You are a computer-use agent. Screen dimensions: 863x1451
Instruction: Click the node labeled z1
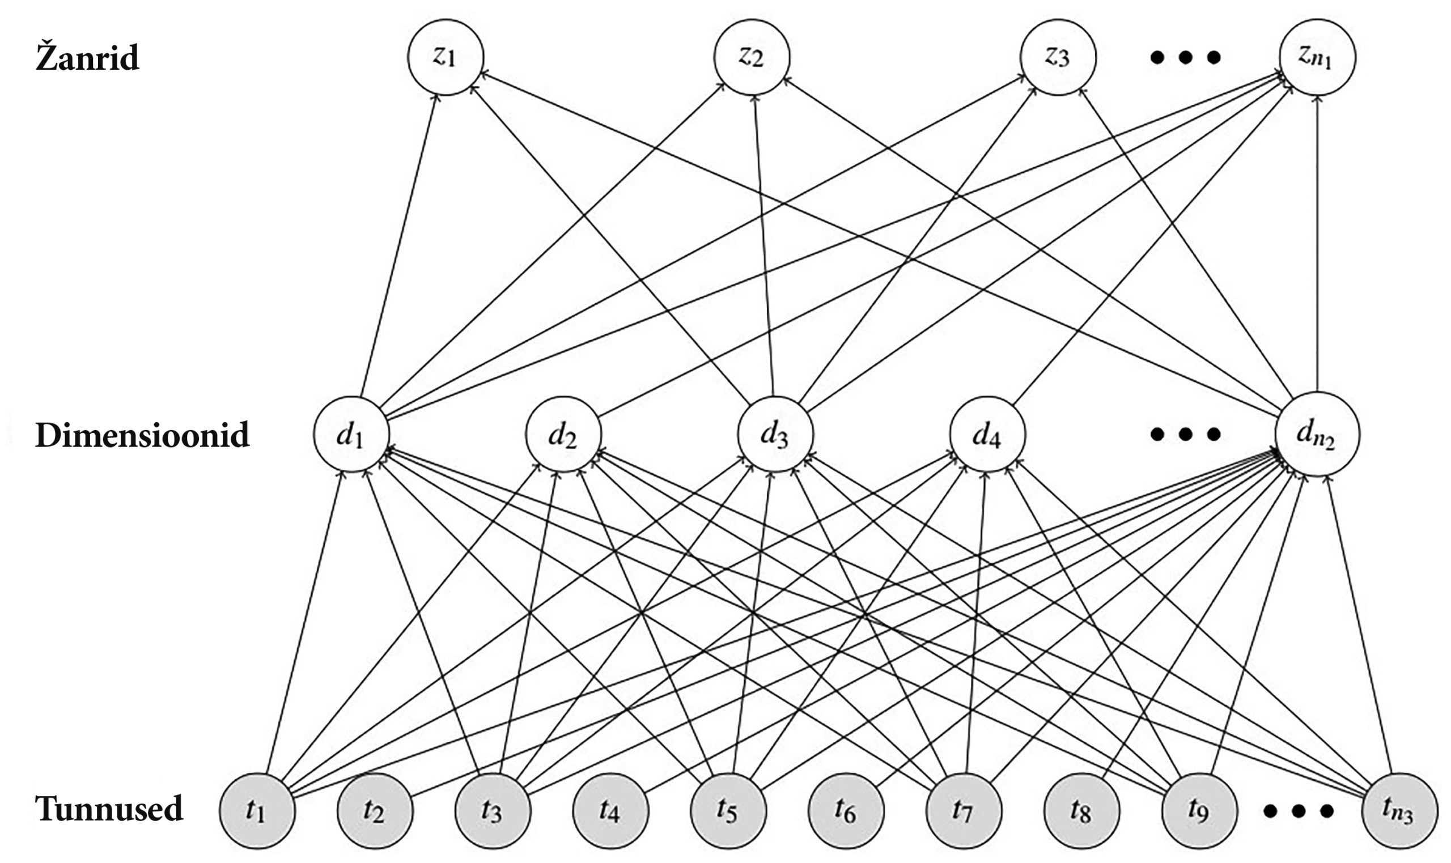pos(445,57)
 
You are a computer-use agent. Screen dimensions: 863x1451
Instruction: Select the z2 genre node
pos(752,57)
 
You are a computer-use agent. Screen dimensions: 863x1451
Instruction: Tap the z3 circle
pos(1057,57)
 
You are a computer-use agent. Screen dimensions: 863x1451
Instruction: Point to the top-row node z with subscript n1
pos(1317,57)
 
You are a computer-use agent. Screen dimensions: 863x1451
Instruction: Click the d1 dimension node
pos(351,435)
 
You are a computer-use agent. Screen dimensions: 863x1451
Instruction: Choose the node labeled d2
pos(563,435)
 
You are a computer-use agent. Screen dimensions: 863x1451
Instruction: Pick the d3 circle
pos(775,435)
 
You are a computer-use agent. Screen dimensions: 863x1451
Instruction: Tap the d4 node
pos(987,435)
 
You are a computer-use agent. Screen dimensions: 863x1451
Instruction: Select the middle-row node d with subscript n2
pos(1317,435)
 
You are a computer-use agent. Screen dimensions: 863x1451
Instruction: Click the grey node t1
pos(256,811)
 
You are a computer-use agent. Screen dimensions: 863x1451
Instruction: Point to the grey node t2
pos(375,811)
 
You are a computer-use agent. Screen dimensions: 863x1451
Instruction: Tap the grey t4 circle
pos(610,811)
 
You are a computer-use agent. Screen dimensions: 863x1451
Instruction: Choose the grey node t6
pos(846,811)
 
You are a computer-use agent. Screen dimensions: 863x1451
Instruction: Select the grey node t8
pos(1081,811)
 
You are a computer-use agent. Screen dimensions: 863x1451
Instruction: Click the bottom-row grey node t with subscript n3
pos(1399,811)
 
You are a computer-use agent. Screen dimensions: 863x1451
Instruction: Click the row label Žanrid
pos(87,58)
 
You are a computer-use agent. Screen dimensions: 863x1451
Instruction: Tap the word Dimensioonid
pos(142,435)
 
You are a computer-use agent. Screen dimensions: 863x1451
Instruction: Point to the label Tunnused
pos(109,809)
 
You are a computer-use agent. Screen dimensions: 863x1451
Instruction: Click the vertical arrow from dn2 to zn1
pos(1317,244)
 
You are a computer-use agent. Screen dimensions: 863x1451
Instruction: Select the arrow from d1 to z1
pos(399,244)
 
